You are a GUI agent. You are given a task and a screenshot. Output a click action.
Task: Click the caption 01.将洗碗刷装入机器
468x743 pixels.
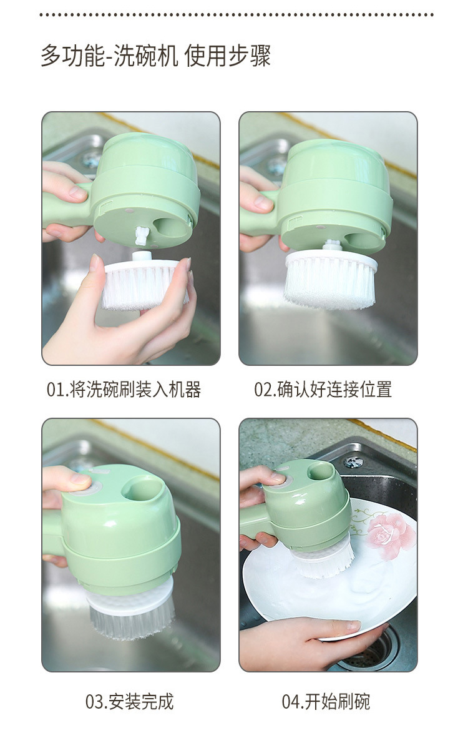pos(124,390)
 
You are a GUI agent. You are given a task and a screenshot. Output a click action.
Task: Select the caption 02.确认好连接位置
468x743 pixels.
pos(323,390)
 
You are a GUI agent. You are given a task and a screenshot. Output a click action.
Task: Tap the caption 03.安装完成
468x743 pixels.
pos(129,701)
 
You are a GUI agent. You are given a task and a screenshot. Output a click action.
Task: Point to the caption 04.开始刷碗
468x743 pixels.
pos(326,701)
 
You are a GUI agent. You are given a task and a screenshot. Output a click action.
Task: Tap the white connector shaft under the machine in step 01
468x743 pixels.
pos(141,235)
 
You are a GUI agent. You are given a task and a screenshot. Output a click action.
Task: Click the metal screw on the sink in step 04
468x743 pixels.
pos(353,462)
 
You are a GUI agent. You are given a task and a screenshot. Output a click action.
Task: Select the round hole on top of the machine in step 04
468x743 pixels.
pos(319,470)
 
